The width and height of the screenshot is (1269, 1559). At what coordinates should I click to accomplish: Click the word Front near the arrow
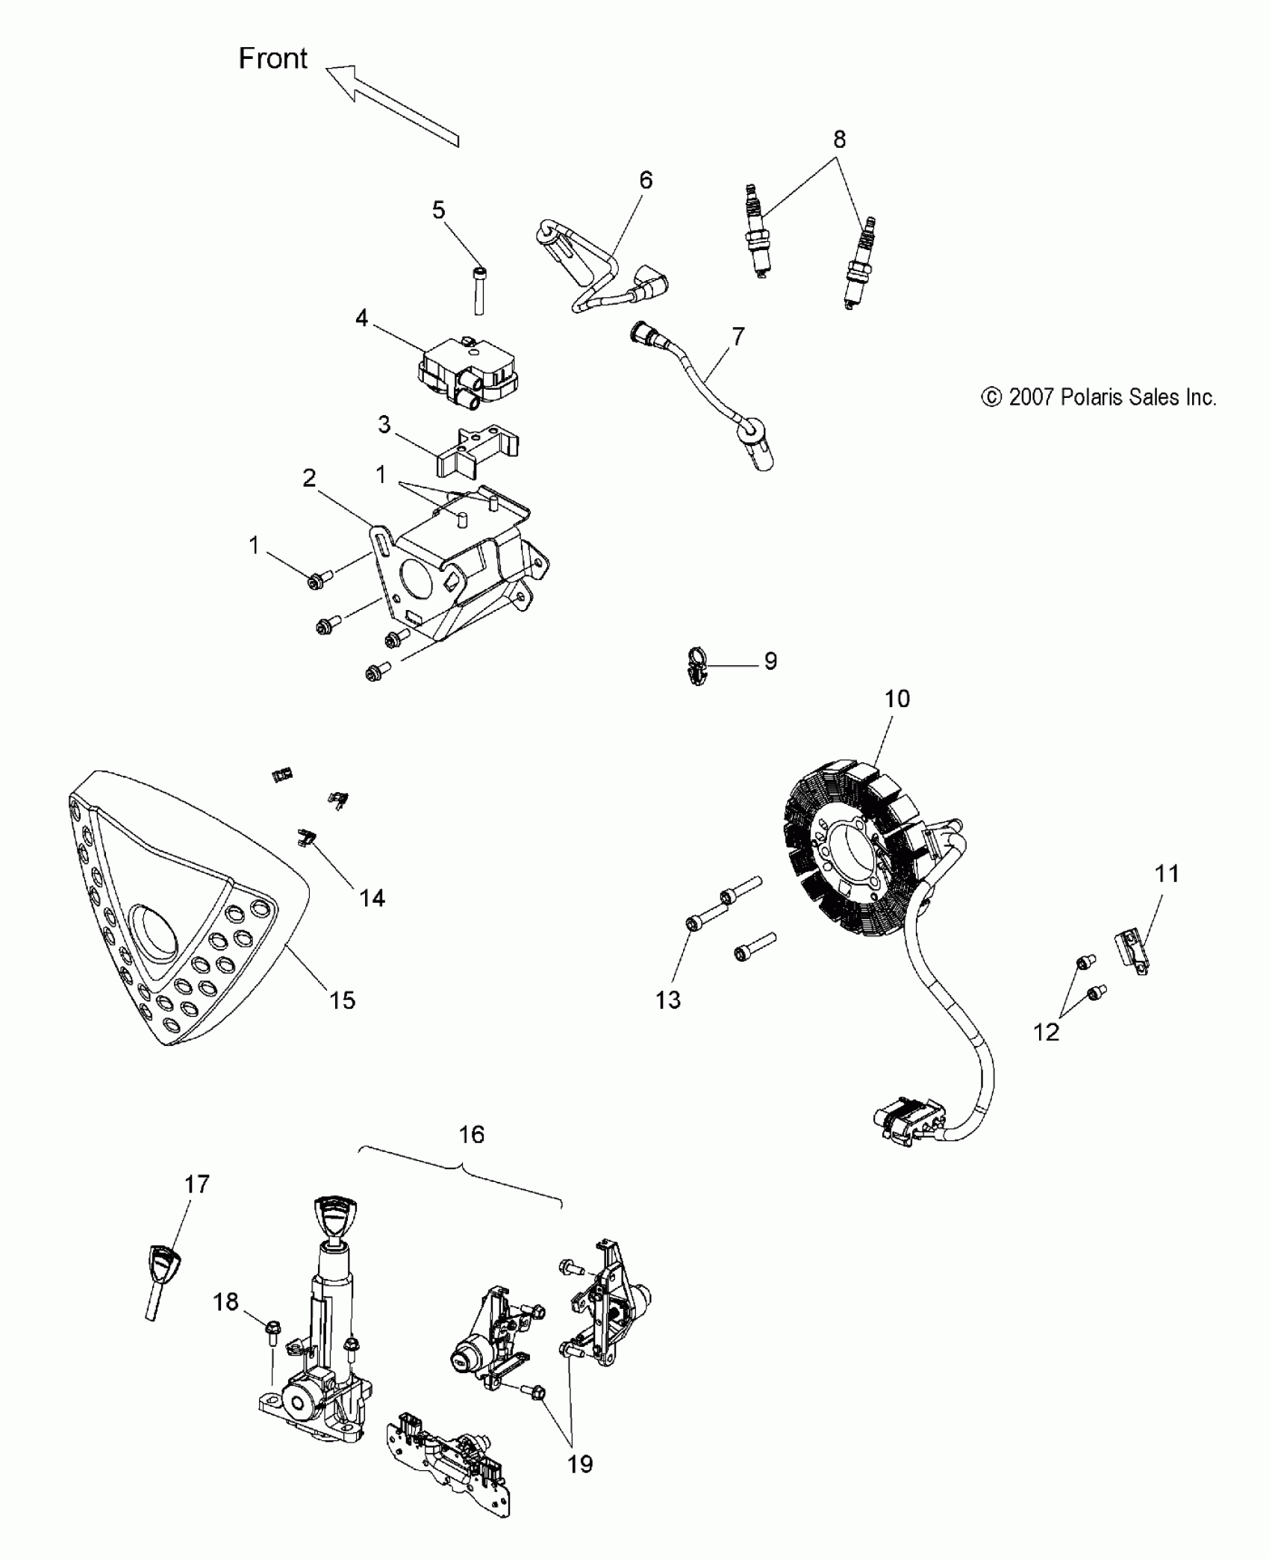272,58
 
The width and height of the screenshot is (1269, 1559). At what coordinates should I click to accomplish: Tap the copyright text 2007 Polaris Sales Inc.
1099,397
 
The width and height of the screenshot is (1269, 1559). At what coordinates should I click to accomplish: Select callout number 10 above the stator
897,699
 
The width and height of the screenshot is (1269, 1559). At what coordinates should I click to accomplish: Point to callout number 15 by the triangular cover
343,1000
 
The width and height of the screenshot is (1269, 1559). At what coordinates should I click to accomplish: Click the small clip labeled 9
696,664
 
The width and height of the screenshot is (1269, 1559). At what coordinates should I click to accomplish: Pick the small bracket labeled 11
1135,952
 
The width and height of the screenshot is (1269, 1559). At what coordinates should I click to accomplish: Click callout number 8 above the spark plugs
840,140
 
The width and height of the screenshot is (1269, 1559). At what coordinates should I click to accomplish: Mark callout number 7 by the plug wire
738,337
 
